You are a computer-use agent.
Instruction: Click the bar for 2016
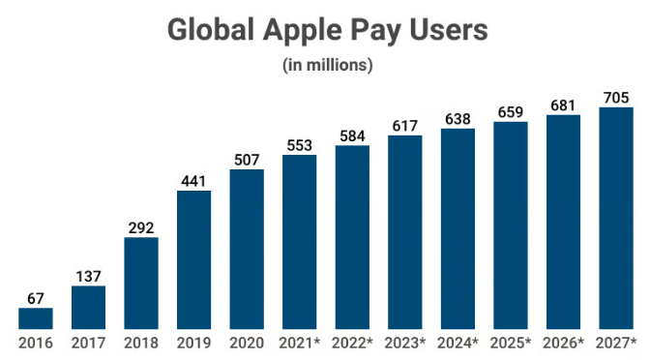(35, 318)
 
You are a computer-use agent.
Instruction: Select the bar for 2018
(141, 283)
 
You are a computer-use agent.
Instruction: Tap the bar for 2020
(247, 249)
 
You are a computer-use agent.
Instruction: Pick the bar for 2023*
(404, 232)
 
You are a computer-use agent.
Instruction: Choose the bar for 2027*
(616, 218)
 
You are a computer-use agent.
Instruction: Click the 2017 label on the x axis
(88, 343)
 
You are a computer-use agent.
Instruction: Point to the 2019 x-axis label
(193, 343)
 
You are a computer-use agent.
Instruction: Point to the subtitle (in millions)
(327, 65)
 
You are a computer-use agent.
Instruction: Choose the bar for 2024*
(458, 228)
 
